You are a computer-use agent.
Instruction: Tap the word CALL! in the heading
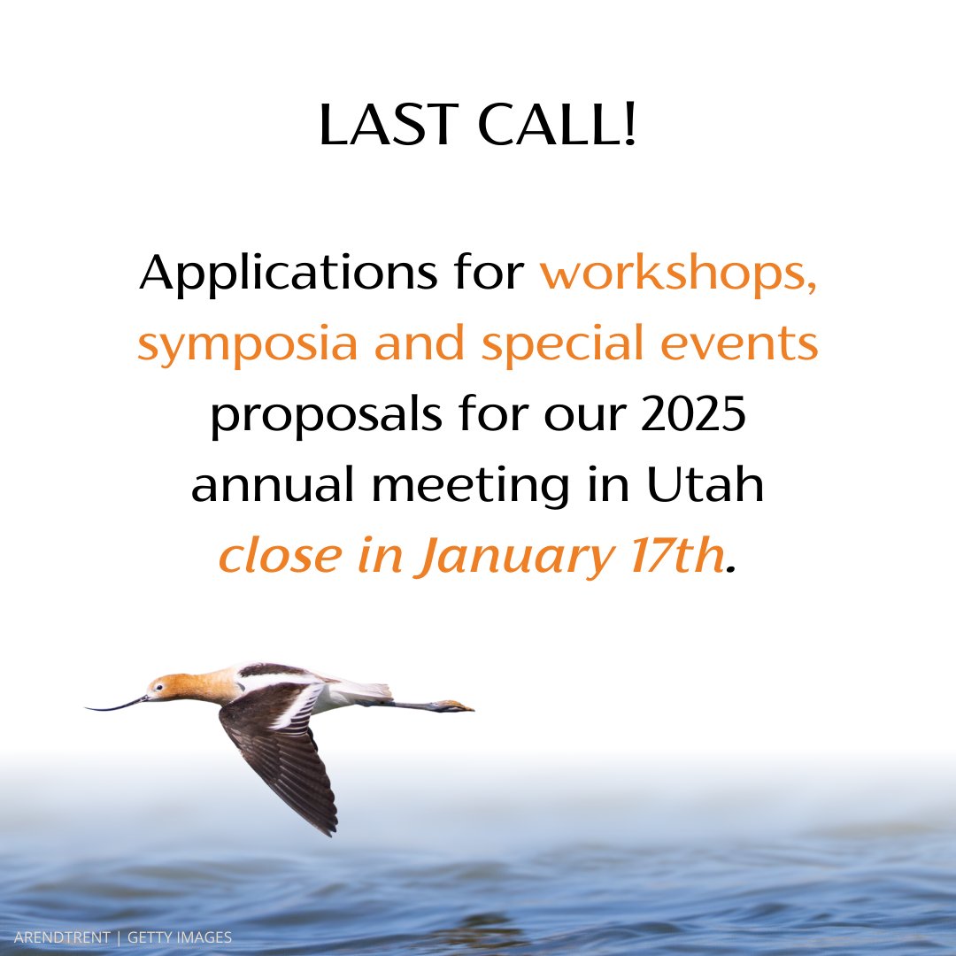tap(558, 127)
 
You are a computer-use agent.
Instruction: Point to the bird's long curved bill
tap(115, 705)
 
